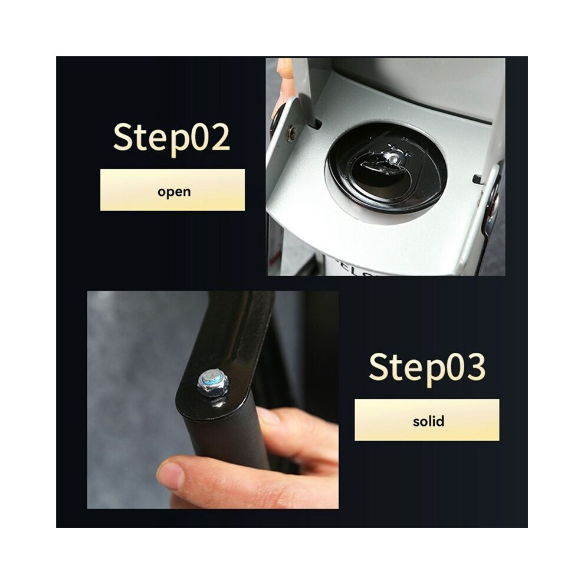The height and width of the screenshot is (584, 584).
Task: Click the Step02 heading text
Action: point(171,139)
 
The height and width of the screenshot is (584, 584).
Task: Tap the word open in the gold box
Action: point(174,192)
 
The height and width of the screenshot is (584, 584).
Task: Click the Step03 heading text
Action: point(427,368)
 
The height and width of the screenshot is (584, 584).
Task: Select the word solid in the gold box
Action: point(428,421)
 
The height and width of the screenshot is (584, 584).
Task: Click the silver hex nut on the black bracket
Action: point(212,383)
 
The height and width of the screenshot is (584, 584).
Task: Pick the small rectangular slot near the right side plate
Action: point(477,179)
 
